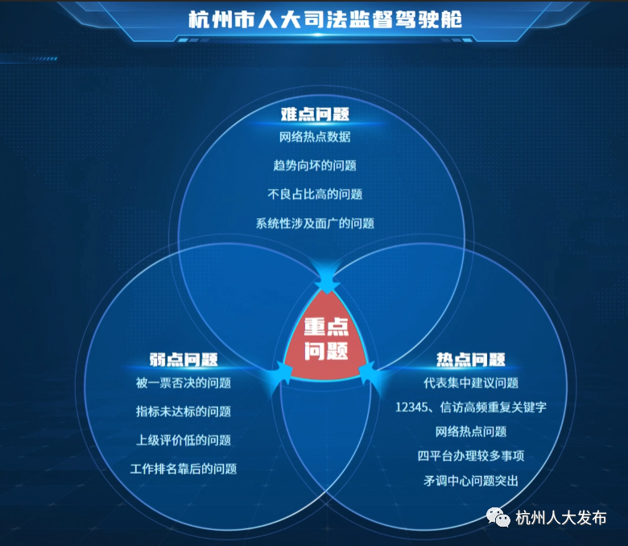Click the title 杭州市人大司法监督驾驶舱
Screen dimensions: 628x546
click(x=325, y=19)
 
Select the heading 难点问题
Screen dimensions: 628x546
click(x=315, y=114)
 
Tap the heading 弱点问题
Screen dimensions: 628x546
click(x=184, y=359)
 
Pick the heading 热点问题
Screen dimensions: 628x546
click(x=471, y=359)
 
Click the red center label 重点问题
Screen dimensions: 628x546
click(x=326, y=339)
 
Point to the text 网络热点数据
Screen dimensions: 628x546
click(x=315, y=137)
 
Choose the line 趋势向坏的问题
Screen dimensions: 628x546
click(x=315, y=165)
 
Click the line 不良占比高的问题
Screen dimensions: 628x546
click(x=315, y=194)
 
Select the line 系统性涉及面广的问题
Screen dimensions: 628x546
click(x=315, y=223)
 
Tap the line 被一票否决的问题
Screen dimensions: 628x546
click(x=184, y=383)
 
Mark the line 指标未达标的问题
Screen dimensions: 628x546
click(x=184, y=412)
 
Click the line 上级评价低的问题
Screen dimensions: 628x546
click(x=184, y=441)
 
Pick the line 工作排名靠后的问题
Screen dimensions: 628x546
click(x=184, y=469)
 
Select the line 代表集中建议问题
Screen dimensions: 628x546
click(x=471, y=383)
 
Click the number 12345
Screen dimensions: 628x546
click(x=411, y=407)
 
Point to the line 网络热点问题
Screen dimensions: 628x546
click(x=471, y=432)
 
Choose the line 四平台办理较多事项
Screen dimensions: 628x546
click(x=471, y=456)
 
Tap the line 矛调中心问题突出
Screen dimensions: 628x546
click(x=471, y=480)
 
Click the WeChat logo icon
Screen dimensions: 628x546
click(x=498, y=517)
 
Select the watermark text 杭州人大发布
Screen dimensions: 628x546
click(x=560, y=518)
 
